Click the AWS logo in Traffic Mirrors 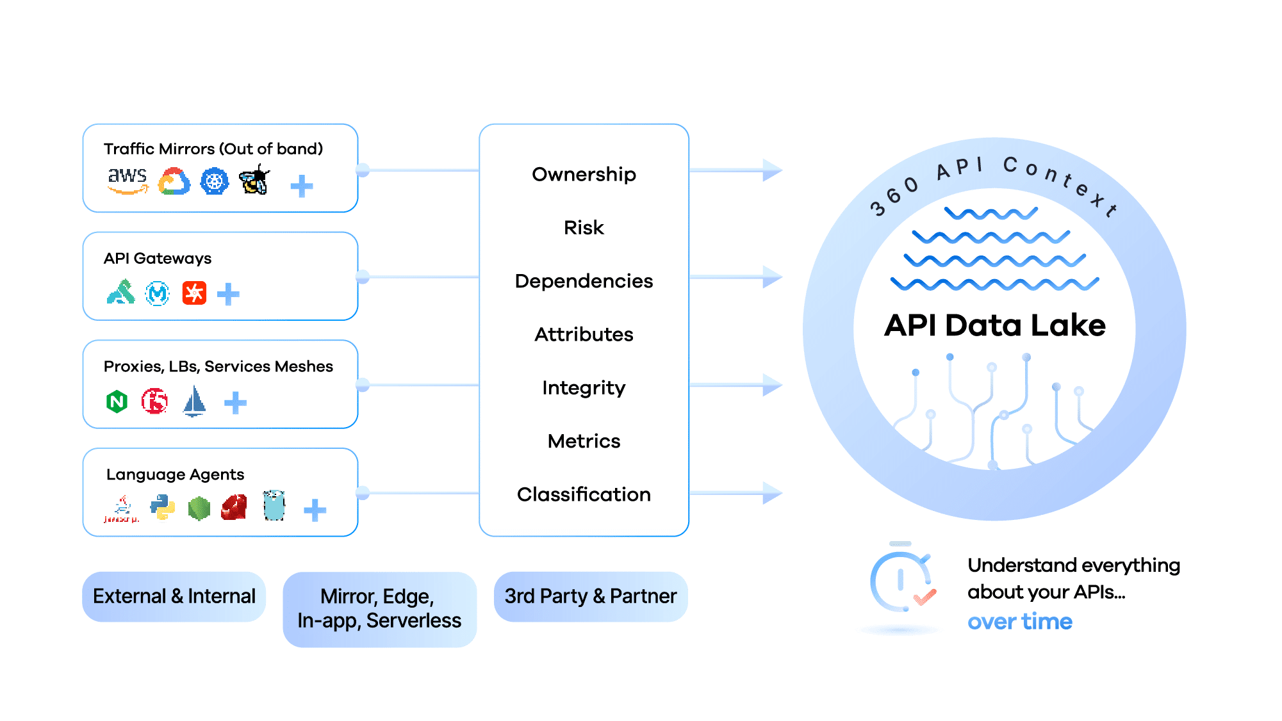(127, 180)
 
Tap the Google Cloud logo (174, 182)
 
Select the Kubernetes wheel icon (214, 182)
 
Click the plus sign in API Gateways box (228, 295)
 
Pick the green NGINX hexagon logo (117, 401)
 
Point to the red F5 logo (154, 401)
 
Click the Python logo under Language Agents (163, 506)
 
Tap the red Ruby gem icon (234, 507)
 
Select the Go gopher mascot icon (274, 506)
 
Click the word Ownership (584, 174)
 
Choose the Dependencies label (584, 281)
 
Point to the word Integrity (584, 387)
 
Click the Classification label (584, 494)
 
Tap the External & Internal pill (174, 597)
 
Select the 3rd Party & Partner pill (590, 597)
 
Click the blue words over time (1019, 622)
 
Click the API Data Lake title (994, 325)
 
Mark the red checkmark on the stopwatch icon (925, 597)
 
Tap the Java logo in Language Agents (122, 508)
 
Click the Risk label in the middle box (584, 227)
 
